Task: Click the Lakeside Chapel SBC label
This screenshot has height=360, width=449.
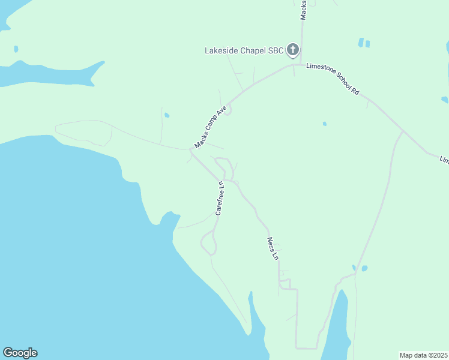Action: pos(244,50)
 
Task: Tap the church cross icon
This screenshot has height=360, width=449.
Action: pos(293,50)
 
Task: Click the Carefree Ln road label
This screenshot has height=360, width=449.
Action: pos(220,198)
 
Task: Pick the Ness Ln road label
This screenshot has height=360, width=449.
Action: pos(273,248)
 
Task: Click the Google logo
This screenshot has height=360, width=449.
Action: pos(20,353)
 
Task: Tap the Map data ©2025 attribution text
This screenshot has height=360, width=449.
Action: pos(423,355)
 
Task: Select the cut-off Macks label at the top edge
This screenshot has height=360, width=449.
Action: pos(304,10)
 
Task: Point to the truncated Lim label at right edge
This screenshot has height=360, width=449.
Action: pos(444,160)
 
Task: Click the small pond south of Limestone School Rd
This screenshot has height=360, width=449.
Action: pos(324,124)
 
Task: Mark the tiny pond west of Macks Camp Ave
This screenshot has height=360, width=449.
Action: pos(166,115)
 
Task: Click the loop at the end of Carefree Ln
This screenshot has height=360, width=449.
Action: pos(208,243)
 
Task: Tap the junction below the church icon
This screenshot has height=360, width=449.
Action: pos(294,65)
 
